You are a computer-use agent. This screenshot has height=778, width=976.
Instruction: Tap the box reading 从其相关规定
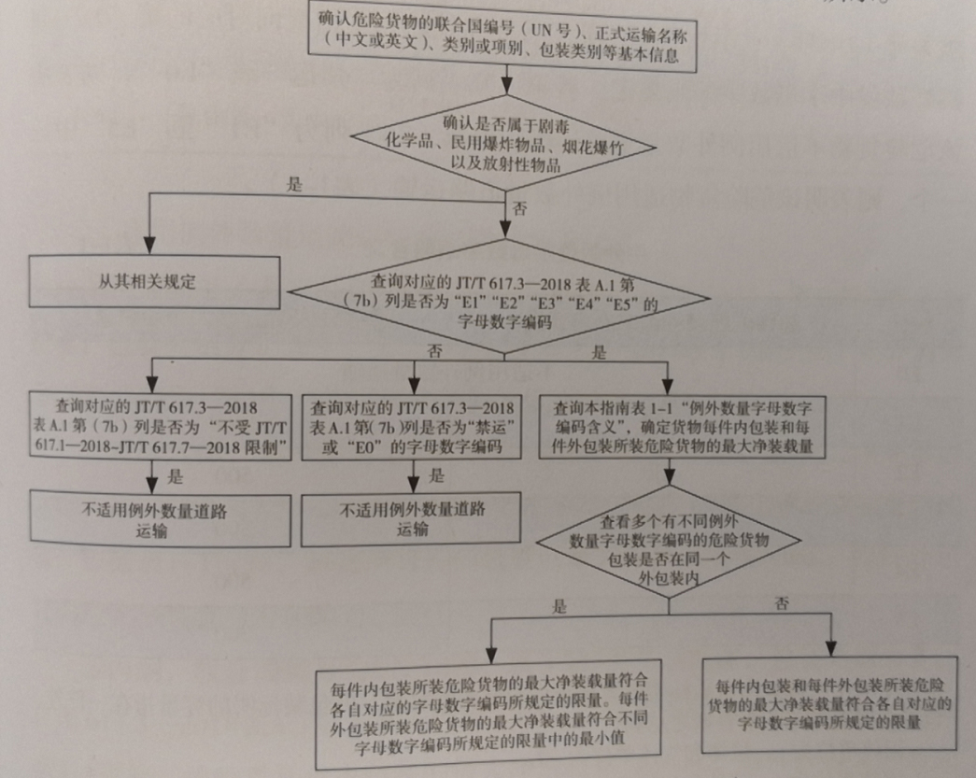(x=155, y=280)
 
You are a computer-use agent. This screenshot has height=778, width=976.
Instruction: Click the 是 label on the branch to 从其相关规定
(x=295, y=185)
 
